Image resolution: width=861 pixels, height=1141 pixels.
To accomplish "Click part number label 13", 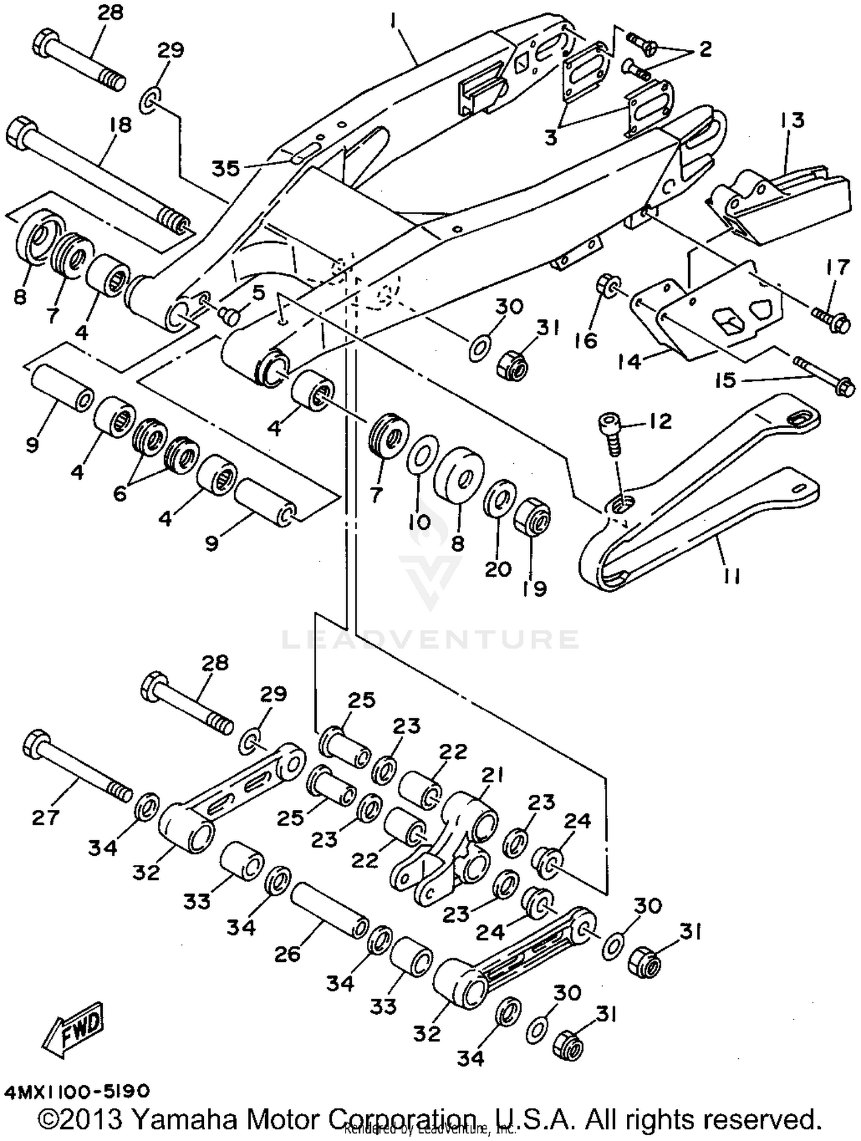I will pyautogui.click(x=792, y=121).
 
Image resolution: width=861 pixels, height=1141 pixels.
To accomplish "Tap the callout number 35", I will pyautogui.click(x=226, y=168).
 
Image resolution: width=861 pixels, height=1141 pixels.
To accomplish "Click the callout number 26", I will pyautogui.click(x=287, y=954).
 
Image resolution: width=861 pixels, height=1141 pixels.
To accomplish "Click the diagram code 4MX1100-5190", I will pyautogui.click(x=77, y=1090).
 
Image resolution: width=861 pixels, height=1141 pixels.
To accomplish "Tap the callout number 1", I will pyautogui.click(x=393, y=21).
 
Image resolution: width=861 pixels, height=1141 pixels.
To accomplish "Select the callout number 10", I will pyautogui.click(x=420, y=521).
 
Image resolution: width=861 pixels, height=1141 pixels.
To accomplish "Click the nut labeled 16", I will pyautogui.click(x=608, y=284).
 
